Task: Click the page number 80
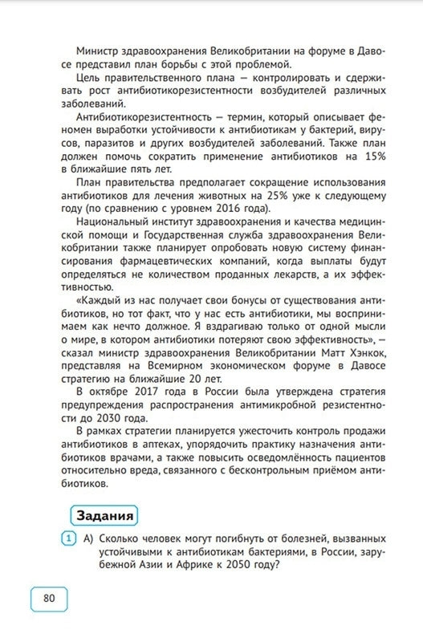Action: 49,598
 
